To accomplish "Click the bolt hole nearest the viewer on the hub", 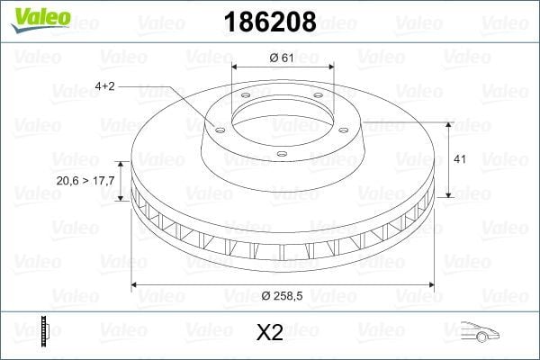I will pos(281,154).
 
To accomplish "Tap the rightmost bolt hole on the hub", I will pos(342,127).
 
